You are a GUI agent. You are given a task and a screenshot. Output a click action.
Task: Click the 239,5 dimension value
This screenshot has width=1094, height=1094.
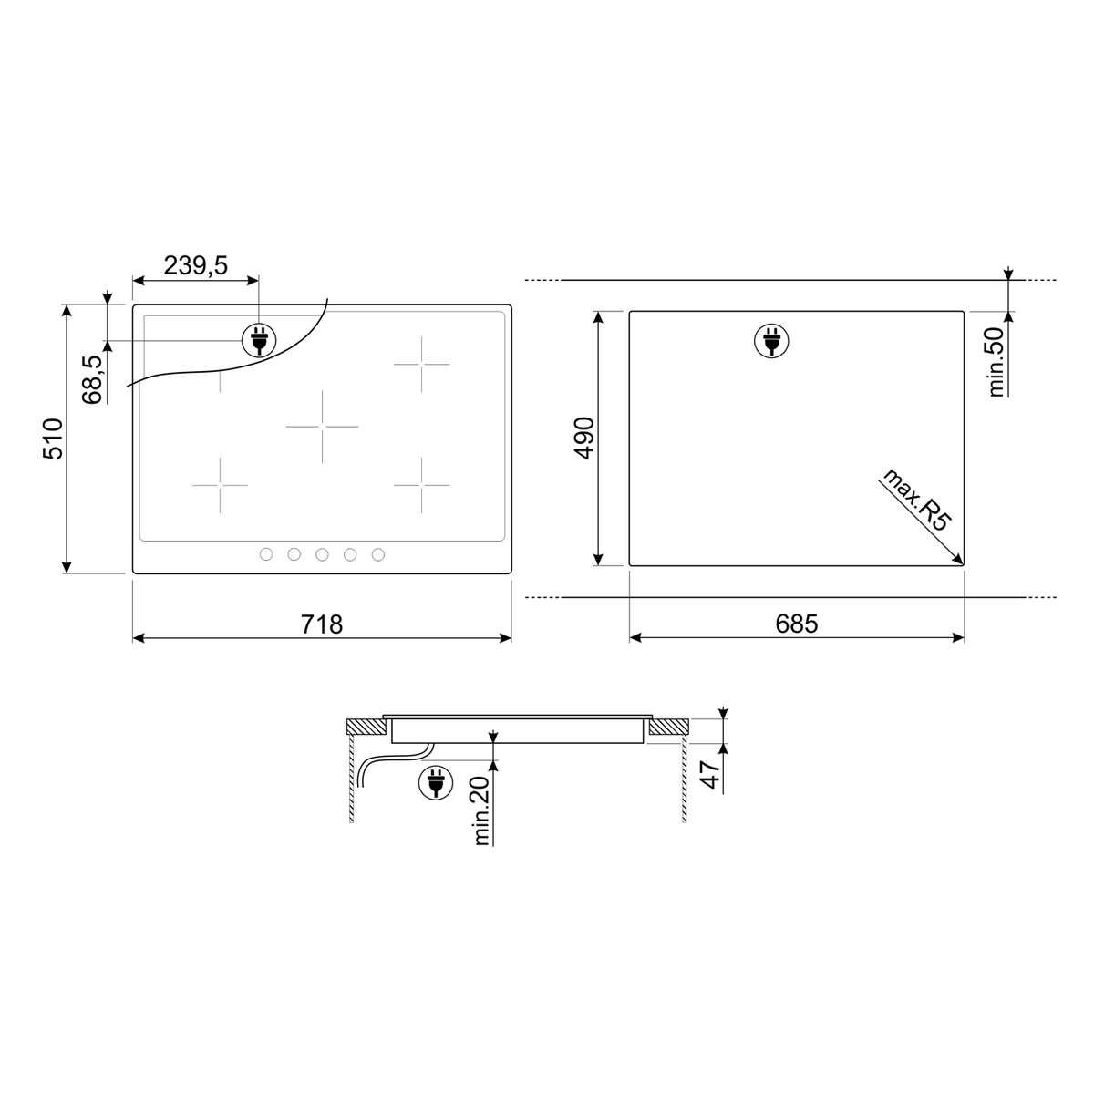195,265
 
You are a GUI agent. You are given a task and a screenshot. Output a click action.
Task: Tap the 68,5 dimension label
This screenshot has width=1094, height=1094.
93,379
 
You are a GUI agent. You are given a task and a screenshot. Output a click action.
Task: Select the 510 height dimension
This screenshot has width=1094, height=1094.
53,439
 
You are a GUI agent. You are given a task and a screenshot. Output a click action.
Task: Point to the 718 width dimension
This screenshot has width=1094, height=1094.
321,624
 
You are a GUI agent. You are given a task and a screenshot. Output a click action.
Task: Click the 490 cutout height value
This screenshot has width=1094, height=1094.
584,438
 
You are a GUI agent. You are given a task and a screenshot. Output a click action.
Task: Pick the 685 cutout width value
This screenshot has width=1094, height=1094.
797,624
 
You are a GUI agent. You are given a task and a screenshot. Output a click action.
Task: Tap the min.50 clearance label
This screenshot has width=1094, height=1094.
996,362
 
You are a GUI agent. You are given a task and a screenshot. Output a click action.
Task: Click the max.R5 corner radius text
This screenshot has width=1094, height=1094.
915,500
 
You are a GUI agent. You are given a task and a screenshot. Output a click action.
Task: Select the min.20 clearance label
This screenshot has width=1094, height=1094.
481,810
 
